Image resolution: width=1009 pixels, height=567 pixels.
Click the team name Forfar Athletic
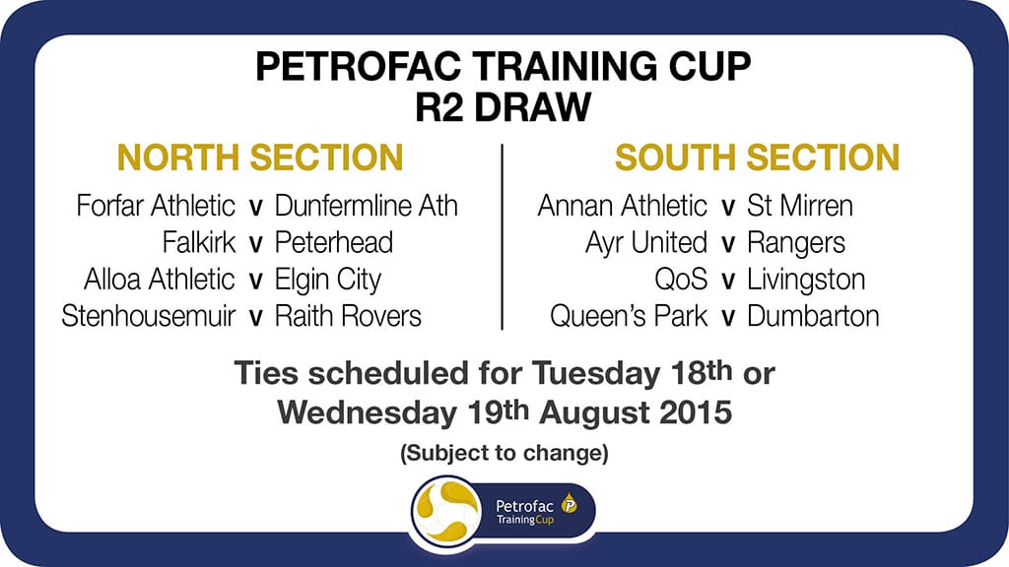156,207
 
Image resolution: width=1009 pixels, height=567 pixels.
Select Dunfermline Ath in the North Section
366,207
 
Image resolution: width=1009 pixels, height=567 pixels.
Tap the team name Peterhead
334,242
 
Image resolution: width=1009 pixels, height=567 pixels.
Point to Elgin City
327,279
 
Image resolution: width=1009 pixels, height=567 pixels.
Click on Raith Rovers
348,316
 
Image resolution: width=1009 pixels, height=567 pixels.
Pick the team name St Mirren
800,207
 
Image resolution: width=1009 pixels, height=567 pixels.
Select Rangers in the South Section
796,242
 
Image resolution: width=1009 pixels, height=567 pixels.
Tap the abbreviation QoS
681,280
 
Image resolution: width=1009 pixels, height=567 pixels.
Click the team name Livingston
806,280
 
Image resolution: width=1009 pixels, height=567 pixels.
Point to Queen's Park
629,316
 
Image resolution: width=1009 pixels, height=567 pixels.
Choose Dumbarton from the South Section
813,316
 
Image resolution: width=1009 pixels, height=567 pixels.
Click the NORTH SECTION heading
260,157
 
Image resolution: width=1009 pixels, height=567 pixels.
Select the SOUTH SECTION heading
757,157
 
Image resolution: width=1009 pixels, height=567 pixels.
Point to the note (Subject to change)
504,455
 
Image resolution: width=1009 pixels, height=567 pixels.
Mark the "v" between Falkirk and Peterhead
255,244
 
